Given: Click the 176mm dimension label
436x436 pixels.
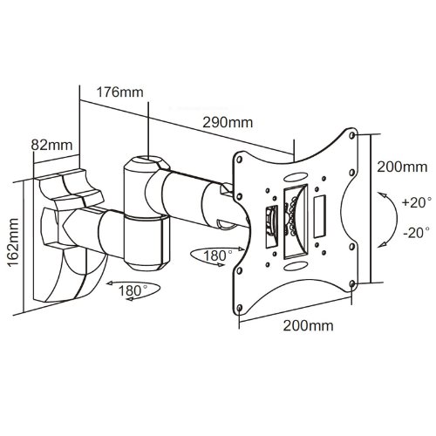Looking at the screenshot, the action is pyautogui.click(x=119, y=92).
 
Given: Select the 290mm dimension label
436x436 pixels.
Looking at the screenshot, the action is pyautogui.click(x=228, y=123).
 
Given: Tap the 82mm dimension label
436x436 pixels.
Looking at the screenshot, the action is pyautogui.click(x=51, y=145).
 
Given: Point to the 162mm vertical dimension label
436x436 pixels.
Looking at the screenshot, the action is pyautogui.click(x=13, y=242).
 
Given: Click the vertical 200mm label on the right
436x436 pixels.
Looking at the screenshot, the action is pyautogui.click(x=402, y=167).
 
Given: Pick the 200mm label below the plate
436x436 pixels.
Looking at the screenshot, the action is pyautogui.click(x=309, y=325).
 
